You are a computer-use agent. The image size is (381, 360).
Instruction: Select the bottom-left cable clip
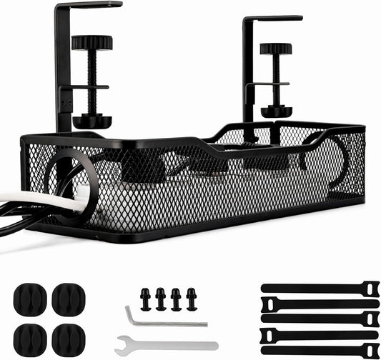tap(30, 336)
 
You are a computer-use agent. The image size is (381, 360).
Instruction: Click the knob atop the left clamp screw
tap(91, 43)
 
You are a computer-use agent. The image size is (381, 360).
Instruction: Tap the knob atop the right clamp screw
tap(275, 49)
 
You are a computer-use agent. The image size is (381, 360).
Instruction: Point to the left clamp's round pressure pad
tap(91, 121)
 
